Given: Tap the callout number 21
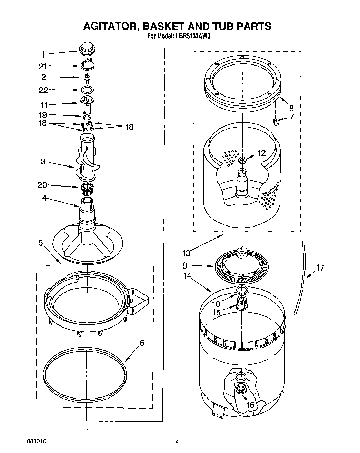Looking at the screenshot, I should point(43,67).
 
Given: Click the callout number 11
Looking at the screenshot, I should point(44,105).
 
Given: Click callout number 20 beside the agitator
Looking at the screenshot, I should point(42,185).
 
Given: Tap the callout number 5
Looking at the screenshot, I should point(41,243).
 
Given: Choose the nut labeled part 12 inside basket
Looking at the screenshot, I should point(242,159).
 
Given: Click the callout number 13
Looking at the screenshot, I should point(187,254).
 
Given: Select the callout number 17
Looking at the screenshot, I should point(320,267).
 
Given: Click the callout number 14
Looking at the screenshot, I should point(187,275).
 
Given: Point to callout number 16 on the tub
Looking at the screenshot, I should point(251,404).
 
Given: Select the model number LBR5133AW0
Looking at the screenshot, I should point(193,36).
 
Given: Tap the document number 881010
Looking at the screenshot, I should point(36,441).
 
